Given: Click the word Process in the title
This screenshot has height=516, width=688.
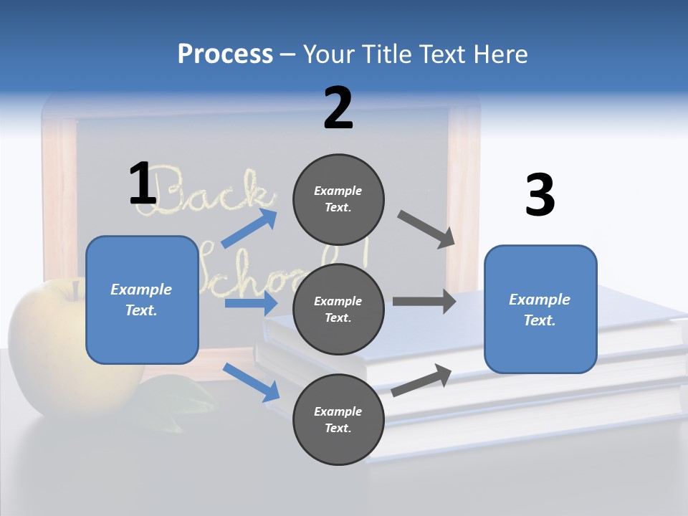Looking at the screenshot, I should pyautogui.click(x=225, y=54).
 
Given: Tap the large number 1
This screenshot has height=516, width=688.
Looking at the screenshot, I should pyautogui.click(x=143, y=183).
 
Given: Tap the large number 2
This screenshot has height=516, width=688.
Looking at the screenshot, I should pyautogui.click(x=338, y=108).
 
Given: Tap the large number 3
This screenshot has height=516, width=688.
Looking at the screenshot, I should pyautogui.click(x=540, y=195).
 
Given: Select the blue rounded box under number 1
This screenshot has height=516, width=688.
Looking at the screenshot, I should pyautogui.click(x=142, y=300).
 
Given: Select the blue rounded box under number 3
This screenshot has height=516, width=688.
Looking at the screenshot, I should pyautogui.click(x=540, y=309).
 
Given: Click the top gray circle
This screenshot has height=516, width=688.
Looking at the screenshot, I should pyautogui.click(x=338, y=199).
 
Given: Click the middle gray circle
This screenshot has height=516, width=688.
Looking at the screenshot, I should pyautogui.click(x=338, y=309).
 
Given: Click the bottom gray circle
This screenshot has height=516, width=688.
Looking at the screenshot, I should pyautogui.click(x=338, y=419).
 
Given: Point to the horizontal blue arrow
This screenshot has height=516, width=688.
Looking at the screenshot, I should pyautogui.click(x=250, y=303).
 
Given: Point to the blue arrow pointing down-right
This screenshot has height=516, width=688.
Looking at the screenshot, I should pyautogui.click(x=251, y=381).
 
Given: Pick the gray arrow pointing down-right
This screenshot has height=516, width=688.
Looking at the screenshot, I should pyautogui.click(x=426, y=229).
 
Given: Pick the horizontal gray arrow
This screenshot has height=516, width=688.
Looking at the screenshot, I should pyautogui.click(x=424, y=301).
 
